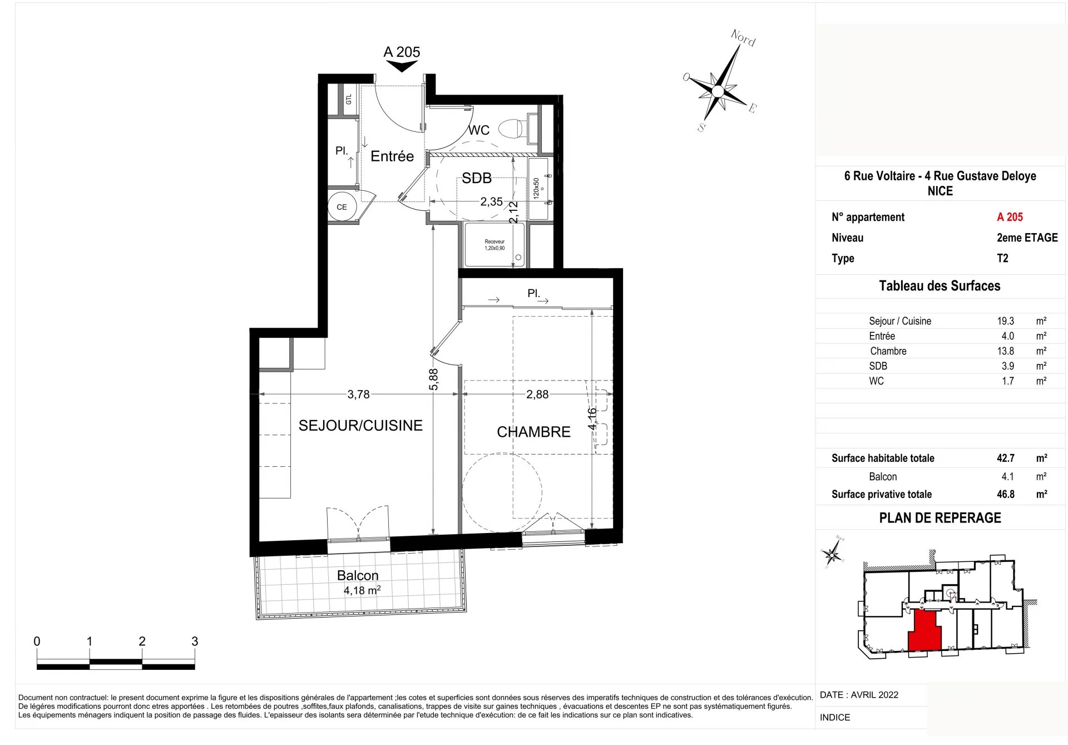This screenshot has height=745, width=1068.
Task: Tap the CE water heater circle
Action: (x=342, y=207)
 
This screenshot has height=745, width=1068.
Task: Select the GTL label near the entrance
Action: (x=349, y=100)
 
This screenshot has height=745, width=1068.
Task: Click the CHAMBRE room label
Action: (x=533, y=432)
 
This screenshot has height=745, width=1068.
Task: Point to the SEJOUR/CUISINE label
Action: (x=360, y=426)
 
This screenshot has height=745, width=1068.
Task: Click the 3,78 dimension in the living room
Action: (x=358, y=394)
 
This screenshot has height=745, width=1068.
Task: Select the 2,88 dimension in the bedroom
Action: (x=537, y=394)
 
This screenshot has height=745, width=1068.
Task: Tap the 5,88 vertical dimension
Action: (x=434, y=379)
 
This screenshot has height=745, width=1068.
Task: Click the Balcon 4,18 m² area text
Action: (x=362, y=590)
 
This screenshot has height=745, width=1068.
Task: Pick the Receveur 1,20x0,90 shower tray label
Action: (x=495, y=245)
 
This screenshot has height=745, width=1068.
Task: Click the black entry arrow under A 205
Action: (x=402, y=66)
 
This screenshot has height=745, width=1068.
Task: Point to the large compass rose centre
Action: (x=718, y=91)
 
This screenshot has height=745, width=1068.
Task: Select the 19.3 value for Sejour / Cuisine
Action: (x=1006, y=321)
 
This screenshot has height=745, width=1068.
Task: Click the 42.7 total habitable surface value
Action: (x=1006, y=458)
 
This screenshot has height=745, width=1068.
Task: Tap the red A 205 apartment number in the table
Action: (x=1010, y=217)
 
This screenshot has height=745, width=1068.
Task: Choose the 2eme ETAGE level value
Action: (x=1027, y=238)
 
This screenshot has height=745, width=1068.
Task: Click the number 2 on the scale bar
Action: (x=142, y=642)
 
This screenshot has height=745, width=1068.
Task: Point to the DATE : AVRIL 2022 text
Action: (x=859, y=695)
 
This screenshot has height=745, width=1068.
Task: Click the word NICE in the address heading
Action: (x=940, y=191)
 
